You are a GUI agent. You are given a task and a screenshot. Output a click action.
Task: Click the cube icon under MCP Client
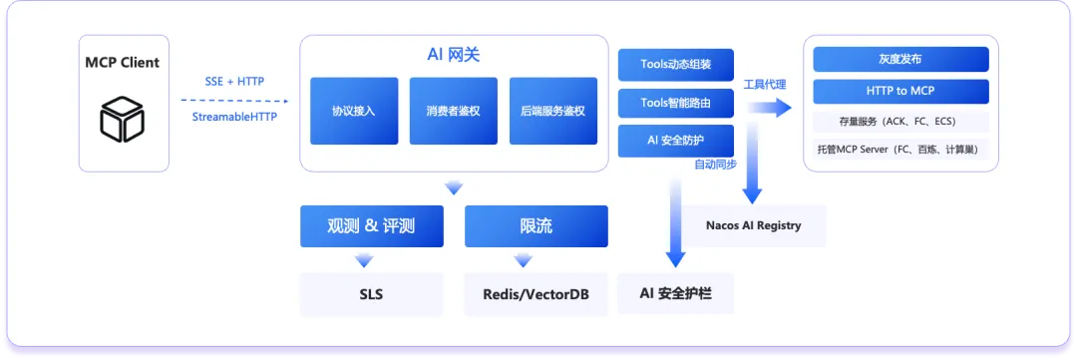123,119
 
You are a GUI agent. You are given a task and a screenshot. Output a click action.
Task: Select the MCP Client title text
123,63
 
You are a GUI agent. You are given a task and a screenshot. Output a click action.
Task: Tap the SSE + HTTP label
234,81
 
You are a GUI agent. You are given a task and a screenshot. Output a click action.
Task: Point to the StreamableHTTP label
234,117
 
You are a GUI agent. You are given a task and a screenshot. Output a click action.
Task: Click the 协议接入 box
354,111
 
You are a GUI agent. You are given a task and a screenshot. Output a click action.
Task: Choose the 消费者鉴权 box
454,111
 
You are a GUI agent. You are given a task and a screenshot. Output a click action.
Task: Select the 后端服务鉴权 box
552,111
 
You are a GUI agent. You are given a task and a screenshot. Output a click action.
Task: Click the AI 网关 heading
454,55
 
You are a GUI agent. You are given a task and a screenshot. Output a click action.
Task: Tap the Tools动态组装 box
676,65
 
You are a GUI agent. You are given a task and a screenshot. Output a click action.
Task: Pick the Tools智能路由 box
676,103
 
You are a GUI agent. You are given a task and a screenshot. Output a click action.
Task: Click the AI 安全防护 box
676,141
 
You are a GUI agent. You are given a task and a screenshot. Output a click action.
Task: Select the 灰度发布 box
900,59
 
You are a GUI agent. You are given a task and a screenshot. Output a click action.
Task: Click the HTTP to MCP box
900,92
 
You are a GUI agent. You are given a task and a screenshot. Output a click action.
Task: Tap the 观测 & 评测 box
372,226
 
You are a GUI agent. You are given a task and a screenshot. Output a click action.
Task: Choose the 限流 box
537,226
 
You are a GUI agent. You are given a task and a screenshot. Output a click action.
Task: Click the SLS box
372,295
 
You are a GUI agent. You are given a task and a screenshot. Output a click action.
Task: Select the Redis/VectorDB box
537,295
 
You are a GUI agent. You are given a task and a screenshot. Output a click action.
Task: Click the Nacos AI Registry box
754,225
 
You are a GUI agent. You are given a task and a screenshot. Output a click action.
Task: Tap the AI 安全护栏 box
676,294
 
